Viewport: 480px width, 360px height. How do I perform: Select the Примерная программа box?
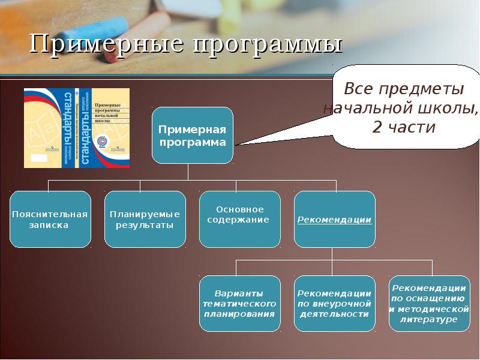tap(192, 136)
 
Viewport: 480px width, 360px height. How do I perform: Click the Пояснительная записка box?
tap(50, 220)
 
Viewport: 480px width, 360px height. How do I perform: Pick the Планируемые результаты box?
tap(145, 220)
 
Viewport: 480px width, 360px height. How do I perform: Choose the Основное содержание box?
tap(240, 220)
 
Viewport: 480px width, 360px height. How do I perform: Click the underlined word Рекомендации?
tap(335, 220)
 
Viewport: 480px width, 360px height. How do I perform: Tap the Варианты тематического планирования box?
tap(240, 304)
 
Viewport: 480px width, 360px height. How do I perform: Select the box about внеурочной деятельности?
tap(335, 304)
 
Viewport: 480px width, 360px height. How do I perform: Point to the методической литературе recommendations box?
tap(428, 304)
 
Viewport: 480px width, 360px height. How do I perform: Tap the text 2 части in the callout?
tap(403, 127)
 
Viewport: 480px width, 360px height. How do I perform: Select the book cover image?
tap(76, 128)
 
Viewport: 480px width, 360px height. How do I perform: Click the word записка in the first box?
tap(50, 226)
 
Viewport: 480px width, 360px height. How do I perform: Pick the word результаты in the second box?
tap(145, 226)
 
